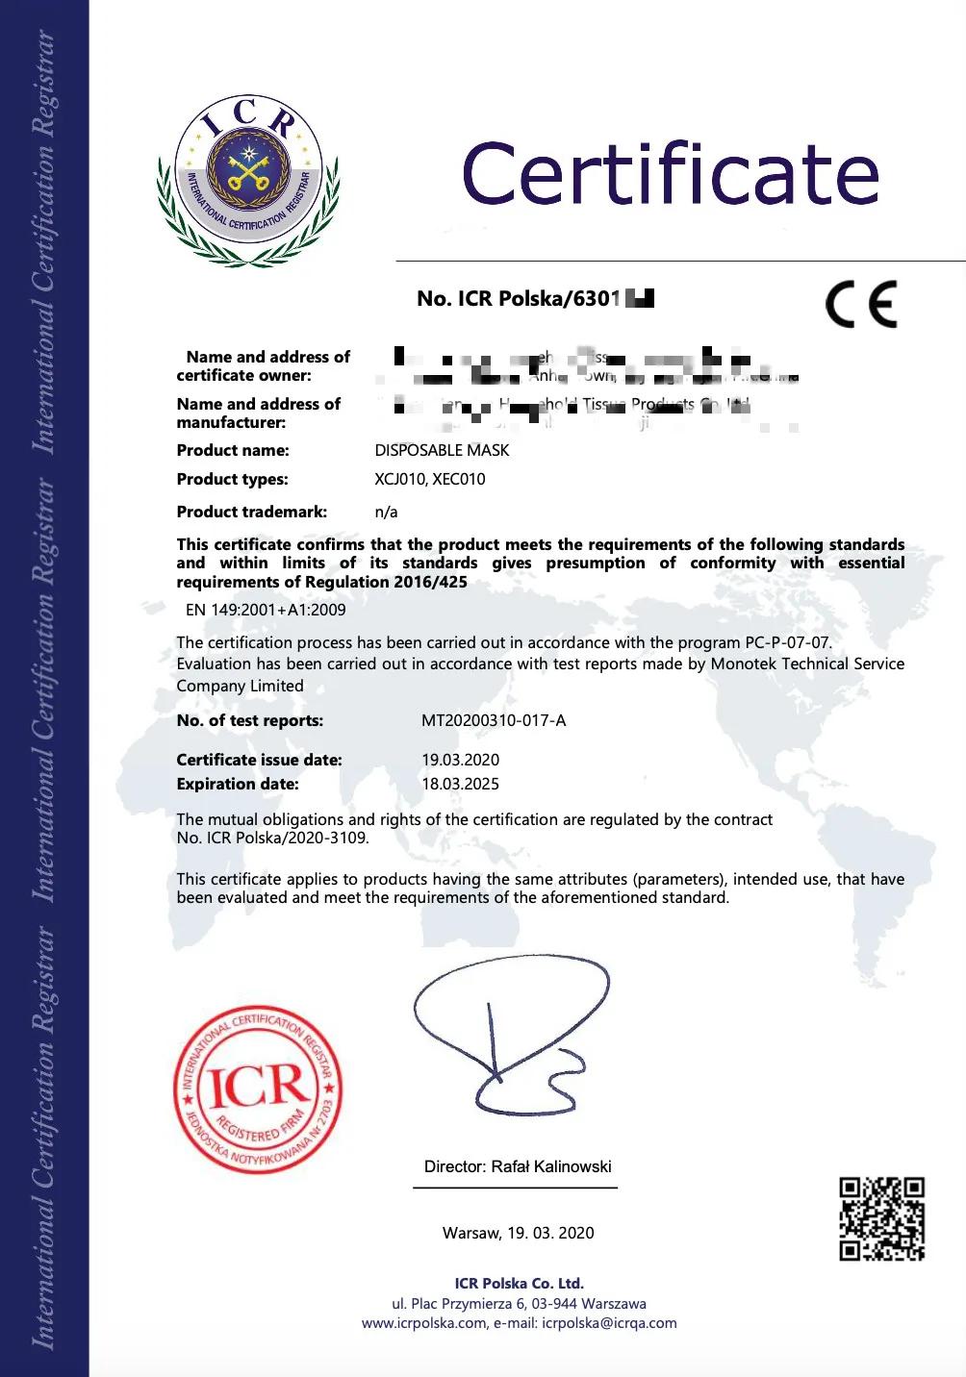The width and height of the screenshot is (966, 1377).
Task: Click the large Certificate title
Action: click(x=671, y=174)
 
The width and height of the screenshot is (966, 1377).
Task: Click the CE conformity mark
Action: click(x=861, y=304)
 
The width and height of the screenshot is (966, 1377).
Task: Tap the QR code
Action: click(x=881, y=1218)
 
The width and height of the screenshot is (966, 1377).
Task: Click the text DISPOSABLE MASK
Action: click(x=442, y=450)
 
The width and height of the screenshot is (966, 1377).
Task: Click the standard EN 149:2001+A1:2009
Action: click(x=266, y=610)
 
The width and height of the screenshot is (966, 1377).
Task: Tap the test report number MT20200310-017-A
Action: click(x=494, y=720)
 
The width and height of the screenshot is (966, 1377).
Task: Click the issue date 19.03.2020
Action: click(x=460, y=760)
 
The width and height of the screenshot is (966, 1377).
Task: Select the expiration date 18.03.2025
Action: click(x=460, y=784)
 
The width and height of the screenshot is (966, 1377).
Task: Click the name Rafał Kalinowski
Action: click(x=551, y=1166)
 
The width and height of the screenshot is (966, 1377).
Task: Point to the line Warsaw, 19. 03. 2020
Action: click(x=518, y=1233)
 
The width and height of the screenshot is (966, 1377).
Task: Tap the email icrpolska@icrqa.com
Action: click(x=609, y=1323)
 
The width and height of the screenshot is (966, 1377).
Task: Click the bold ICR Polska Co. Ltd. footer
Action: click(x=519, y=1283)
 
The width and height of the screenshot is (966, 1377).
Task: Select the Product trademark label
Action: click(x=251, y=512)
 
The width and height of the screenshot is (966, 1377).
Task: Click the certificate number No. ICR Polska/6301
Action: click(x=519, y=299)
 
